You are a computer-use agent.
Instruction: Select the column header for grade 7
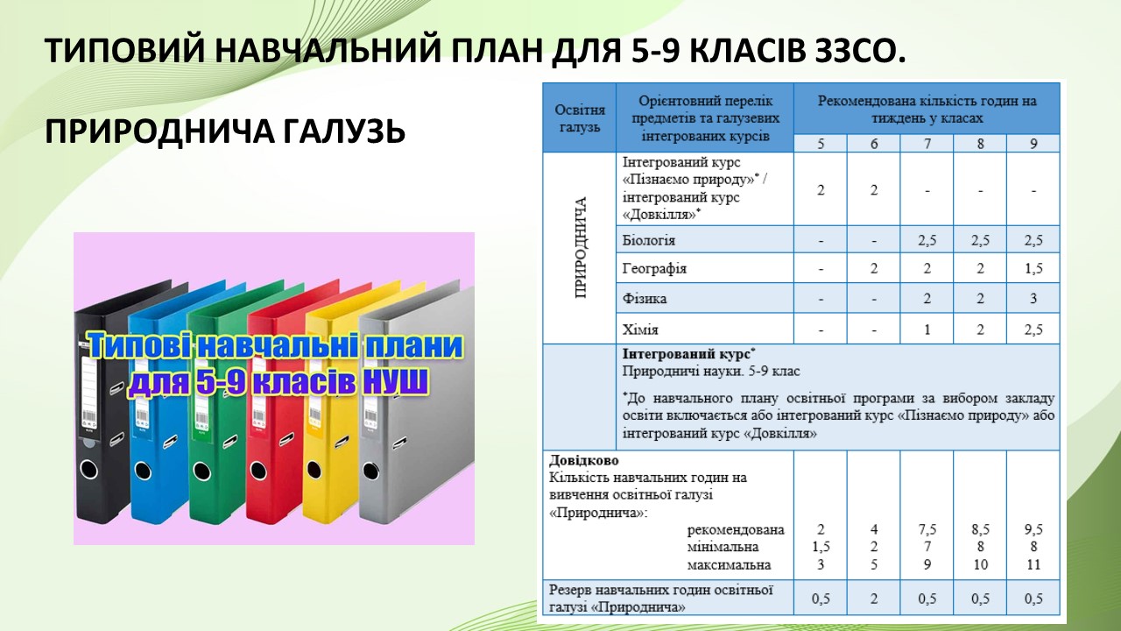coord(927,144)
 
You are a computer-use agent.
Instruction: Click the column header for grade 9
coord(1033,144)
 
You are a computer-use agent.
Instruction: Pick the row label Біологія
coord(649,240)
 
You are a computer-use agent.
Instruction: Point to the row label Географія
coord(654,269)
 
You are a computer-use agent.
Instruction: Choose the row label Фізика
coord(644,299)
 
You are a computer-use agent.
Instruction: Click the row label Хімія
coord(640,330)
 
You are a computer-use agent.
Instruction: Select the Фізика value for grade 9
coord(1033,299)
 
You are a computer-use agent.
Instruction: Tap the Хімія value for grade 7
coord(927,330)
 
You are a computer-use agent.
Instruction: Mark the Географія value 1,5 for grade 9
coord(1033,269)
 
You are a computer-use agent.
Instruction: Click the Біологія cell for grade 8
coord(980,240)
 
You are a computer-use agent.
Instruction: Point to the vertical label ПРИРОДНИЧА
coord(581,248)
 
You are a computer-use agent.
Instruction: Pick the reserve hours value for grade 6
coord(874,599)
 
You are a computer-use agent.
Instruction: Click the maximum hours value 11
coord(1033,565)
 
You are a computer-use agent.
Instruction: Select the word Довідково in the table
coord(584,460)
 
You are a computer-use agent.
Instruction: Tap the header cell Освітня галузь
coord(580,118)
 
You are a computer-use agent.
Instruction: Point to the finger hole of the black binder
coord(89,469)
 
